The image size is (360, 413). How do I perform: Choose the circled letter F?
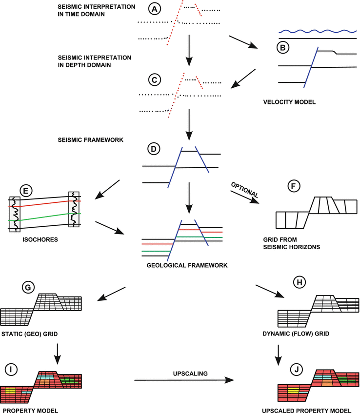pyautogui.click(x=294, y=186)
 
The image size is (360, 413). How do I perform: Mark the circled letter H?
pyautogui.click(x=297, y=282)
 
